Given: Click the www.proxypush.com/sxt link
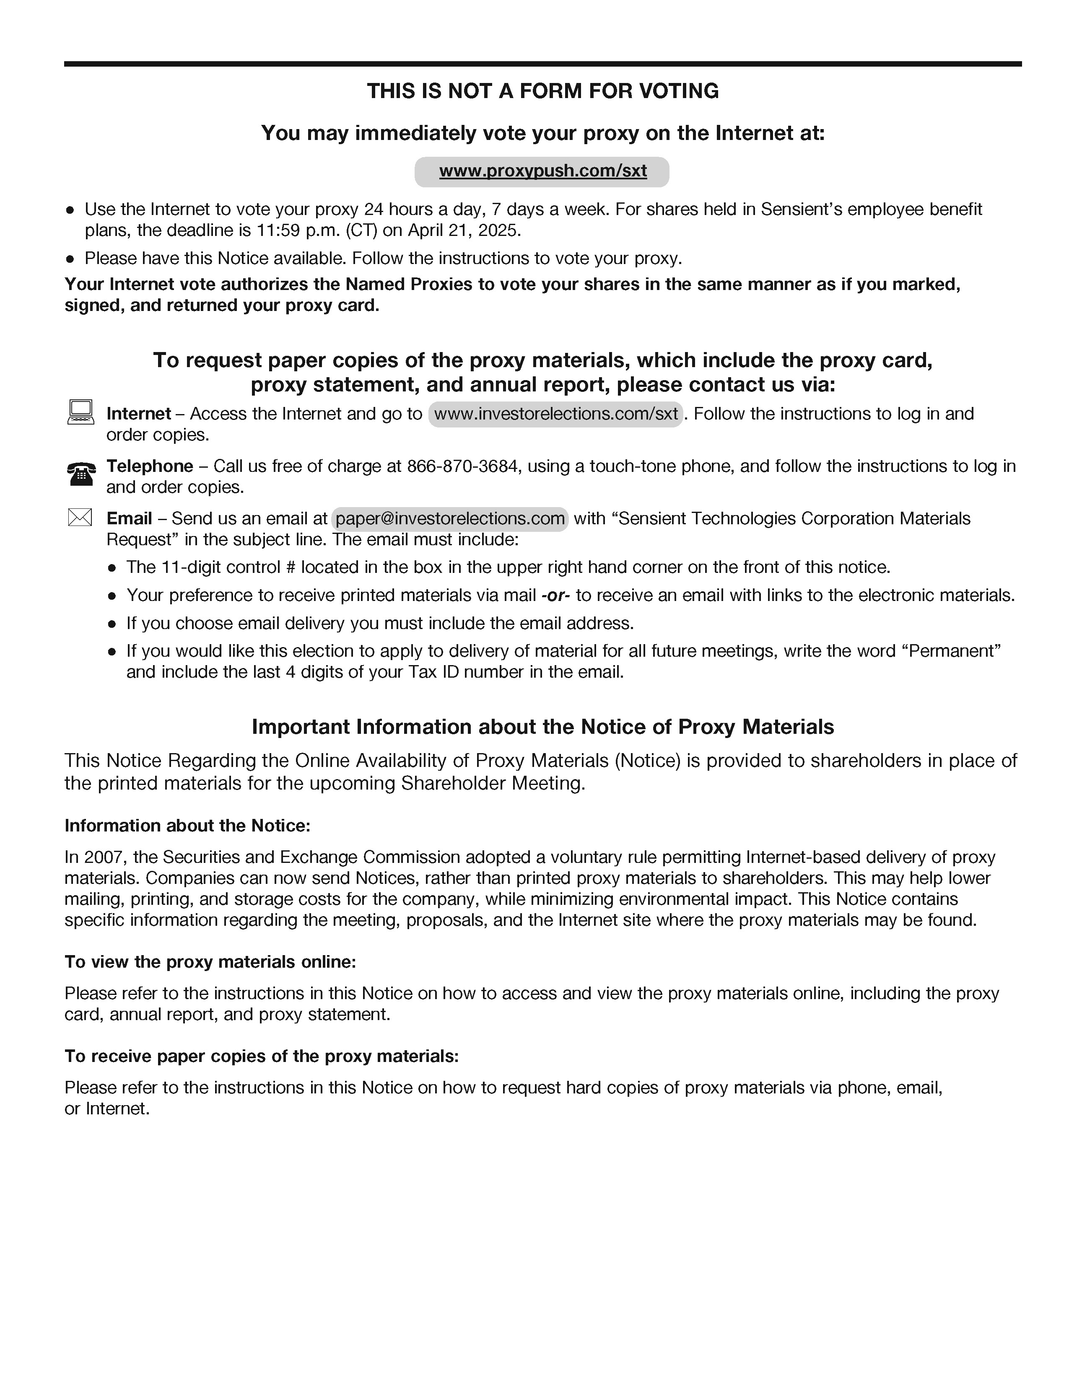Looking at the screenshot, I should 543,171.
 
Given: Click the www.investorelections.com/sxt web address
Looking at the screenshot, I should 555,414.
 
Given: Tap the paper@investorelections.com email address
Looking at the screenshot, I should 450,519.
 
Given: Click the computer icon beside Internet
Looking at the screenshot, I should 80,412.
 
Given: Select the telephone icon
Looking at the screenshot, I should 81,474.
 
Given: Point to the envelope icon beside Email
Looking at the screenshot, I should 80,518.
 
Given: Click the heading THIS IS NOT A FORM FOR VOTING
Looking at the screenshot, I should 543,91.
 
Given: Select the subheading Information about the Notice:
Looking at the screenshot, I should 187,826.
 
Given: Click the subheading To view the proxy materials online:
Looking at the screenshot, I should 210,962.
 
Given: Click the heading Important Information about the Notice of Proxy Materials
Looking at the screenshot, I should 543,727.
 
